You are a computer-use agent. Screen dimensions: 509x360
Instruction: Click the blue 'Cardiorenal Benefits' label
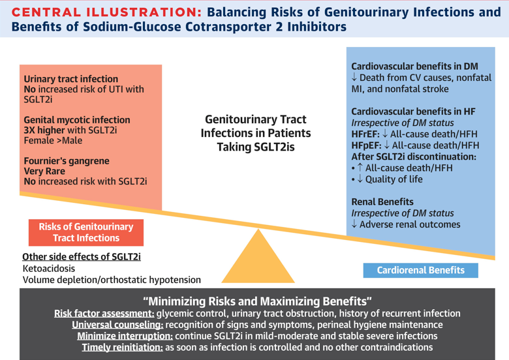[421, 269]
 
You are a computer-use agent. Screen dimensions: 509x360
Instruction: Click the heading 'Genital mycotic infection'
[77, 120]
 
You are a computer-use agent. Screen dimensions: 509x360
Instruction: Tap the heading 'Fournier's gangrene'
[67, 161]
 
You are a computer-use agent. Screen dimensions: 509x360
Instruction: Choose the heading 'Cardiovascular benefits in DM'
[414, 67]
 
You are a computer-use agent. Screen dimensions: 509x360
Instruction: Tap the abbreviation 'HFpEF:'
[366, 145]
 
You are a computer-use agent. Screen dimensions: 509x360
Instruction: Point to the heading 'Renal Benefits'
[382, 202]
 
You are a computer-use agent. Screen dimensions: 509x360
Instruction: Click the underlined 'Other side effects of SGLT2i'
[82, 256]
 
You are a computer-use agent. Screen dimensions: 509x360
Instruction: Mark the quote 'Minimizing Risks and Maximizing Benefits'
[257, 302]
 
